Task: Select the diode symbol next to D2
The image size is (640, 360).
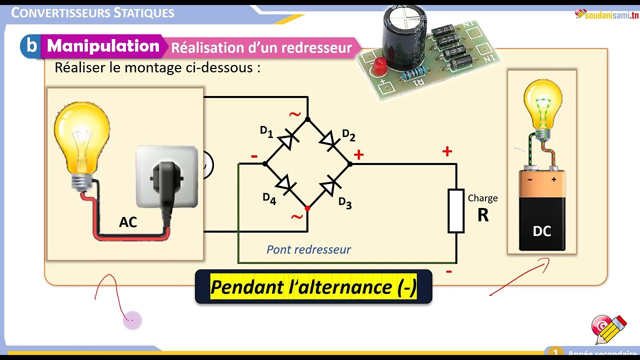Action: click(x=329, y=140)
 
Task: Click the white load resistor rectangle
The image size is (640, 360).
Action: click(x=456, y=210)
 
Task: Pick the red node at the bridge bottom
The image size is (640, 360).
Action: click(x=307, y=208)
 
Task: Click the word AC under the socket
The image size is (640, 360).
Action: click(x=128, y=222)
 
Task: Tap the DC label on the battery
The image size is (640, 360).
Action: click(x=542, y=231)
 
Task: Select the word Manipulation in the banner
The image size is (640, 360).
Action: click(x=103, y=45)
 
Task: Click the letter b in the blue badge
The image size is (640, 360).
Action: click(x=32, y=45)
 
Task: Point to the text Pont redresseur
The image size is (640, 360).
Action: click(x=308, y=249)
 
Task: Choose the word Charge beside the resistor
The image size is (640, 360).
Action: click(x=482, y=198)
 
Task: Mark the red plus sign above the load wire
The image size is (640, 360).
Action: click(x=447, y=151)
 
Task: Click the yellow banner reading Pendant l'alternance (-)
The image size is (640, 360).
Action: click(x=313, y=287)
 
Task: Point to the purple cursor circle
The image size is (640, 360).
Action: click(x=132, y=320)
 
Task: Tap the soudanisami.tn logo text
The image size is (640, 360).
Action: click(x=611, y=15)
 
